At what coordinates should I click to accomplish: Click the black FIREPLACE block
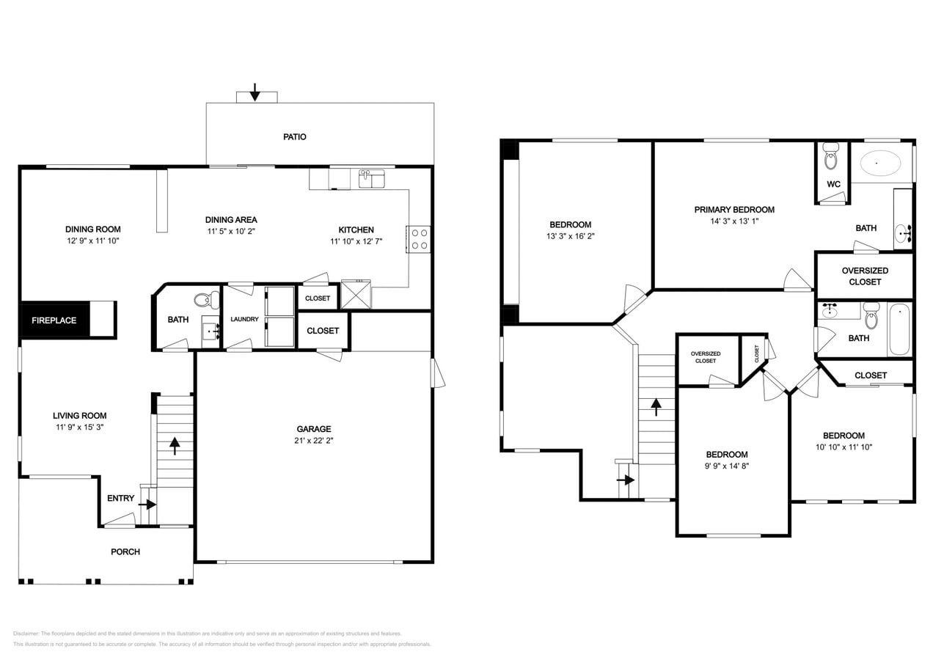54,320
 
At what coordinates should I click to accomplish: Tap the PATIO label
294,137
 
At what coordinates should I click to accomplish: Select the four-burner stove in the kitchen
419,239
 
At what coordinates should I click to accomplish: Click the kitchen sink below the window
372,179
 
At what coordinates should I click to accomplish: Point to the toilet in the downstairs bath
207,299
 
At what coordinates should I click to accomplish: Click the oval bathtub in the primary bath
881,164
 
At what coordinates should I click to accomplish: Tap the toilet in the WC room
831,156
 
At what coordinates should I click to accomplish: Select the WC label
833,184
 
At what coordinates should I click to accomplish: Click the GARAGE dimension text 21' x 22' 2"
314,440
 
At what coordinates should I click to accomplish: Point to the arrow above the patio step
255,92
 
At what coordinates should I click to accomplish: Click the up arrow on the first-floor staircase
175,446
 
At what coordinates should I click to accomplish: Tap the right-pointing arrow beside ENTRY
147,505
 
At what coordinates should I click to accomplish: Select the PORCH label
125,551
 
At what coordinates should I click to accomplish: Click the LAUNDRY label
244,319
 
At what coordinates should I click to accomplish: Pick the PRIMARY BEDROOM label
734,210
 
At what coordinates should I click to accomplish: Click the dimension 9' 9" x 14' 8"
727,466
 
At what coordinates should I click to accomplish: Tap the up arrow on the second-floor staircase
656,407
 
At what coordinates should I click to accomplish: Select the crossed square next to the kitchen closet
356,294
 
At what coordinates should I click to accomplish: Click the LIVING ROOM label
79,416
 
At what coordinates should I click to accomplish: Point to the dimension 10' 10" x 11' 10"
844,447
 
